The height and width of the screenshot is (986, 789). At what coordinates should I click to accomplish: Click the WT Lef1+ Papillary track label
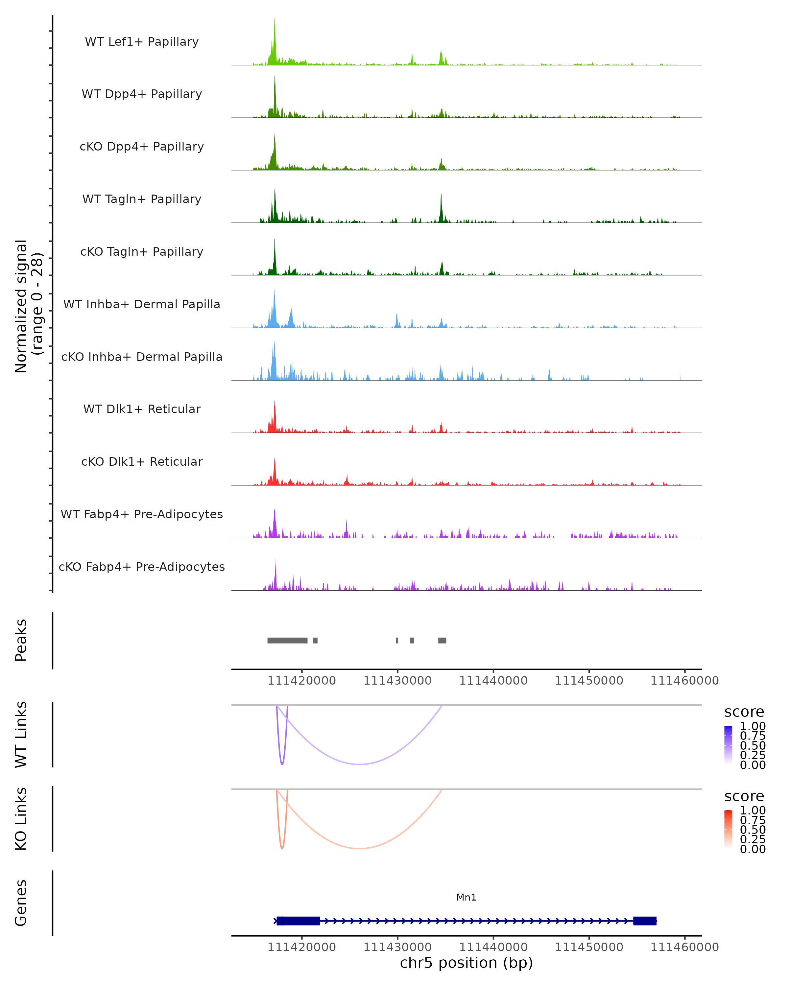click(142, 42)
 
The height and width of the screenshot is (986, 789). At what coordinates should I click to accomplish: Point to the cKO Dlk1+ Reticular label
click(142, 461)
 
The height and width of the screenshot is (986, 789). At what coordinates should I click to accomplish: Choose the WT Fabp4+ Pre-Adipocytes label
click(142, 514)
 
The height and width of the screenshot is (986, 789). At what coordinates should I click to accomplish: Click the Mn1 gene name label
click(466, 897)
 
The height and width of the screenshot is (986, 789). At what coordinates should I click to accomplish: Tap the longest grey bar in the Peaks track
click(287, 640)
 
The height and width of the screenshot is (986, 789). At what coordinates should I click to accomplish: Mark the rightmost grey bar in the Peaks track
click(442, 640)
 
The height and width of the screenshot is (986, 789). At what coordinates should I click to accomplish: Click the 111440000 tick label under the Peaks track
click(493, 681)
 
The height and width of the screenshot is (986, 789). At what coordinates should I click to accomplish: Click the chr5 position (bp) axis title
click(466, 963)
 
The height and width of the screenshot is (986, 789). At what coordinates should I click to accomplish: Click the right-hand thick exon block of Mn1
click(644, 921)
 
